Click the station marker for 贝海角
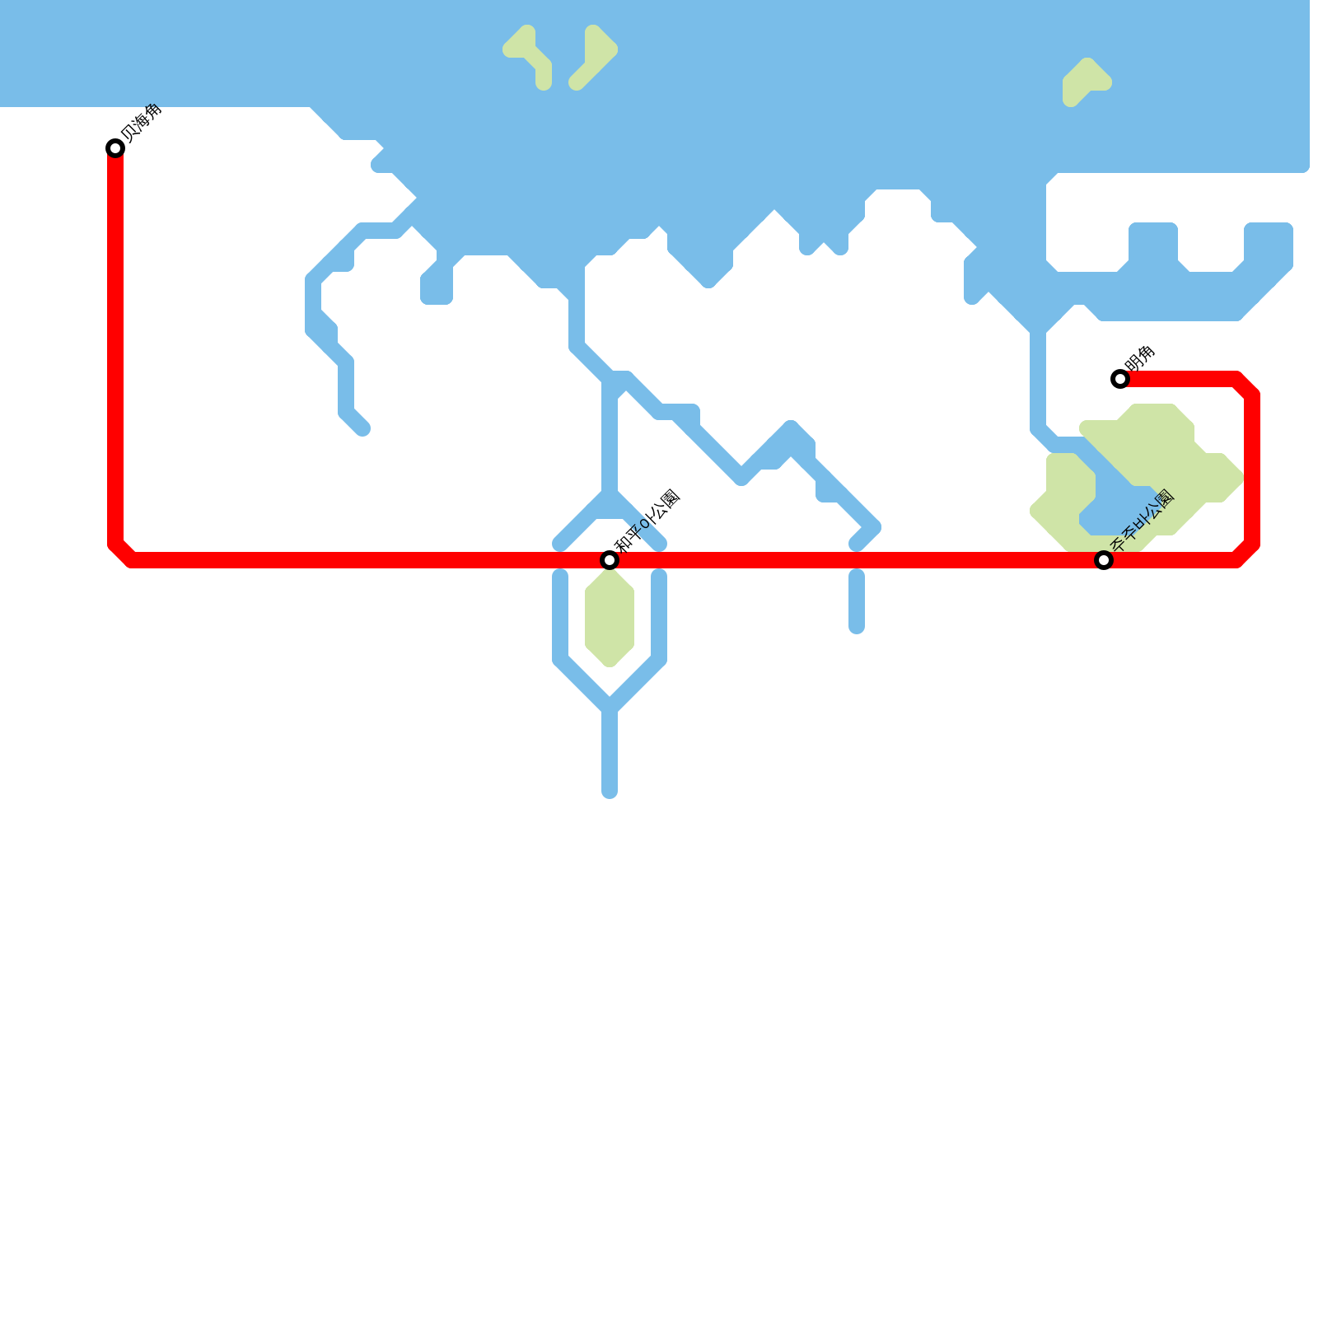[x=115, y=148]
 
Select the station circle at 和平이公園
[x=610, y=560]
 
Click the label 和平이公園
[x=648, y=521]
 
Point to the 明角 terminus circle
[x=1120, y=379]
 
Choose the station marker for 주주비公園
[x=1104, y=560]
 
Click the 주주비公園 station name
[x=1142, y=521]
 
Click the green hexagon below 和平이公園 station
[x=610, y=618]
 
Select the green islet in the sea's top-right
[x=1083, y=81]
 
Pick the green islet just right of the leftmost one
[x=596, y=56]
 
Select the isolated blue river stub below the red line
[x=857, y=601]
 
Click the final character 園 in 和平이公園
[x=670, y=499]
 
